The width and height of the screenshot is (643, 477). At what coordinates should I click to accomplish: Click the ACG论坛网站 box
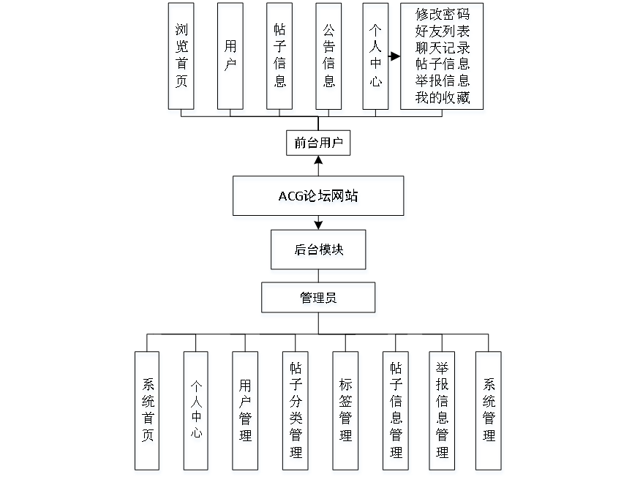318,195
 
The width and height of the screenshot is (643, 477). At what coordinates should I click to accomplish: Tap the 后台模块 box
318,249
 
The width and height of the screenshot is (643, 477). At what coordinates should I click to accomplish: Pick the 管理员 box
318,298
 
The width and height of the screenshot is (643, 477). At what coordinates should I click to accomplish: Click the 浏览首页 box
181,56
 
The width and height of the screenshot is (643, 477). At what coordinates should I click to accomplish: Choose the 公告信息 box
328,56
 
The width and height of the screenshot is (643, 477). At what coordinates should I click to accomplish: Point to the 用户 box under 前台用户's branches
230,56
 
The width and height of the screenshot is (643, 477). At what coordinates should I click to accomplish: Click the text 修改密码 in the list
442,14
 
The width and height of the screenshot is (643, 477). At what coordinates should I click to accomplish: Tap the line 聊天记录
442,48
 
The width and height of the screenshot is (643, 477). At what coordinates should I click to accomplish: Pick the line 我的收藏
442,97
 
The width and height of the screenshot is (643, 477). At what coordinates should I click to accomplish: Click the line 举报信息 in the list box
442,80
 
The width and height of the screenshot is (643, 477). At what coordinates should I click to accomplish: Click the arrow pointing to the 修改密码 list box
395,56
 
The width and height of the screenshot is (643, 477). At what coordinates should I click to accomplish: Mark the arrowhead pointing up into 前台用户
318,159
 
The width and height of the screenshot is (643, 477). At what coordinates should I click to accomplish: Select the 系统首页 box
147,410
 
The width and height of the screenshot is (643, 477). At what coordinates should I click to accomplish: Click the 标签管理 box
345,410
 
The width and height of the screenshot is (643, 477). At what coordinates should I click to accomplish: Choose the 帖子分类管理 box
296,410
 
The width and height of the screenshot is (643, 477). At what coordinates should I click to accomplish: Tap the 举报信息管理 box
442,410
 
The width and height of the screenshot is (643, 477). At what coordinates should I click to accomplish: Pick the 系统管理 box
489,410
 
